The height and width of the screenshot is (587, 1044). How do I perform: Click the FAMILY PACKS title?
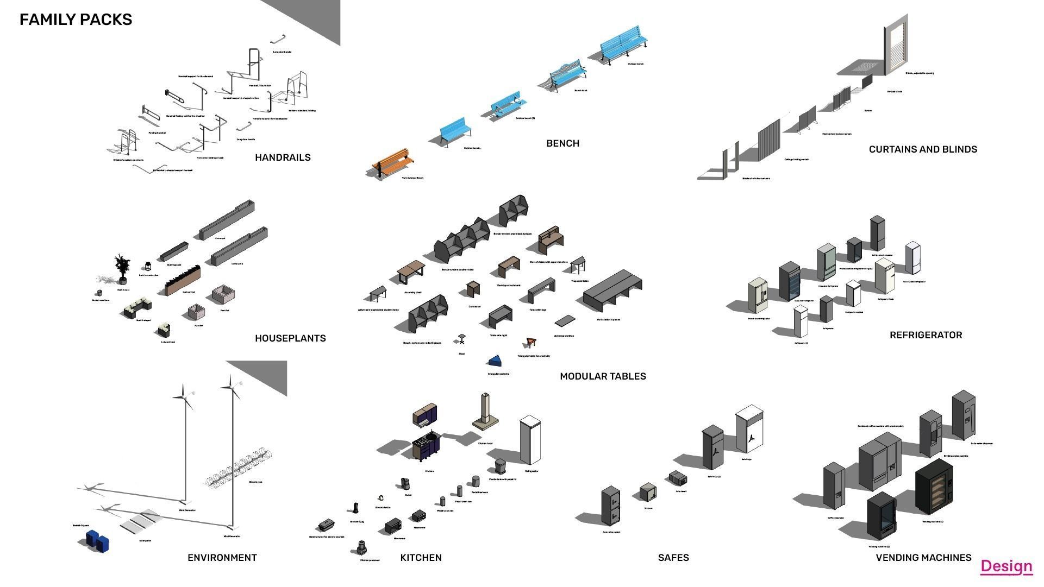76,20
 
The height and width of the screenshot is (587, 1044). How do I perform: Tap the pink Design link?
1006,566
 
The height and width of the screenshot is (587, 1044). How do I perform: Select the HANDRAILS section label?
283,157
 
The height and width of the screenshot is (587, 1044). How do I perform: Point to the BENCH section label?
562,143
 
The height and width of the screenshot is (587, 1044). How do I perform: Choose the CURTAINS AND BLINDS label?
922,149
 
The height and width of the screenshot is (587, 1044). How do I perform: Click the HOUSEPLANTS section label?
290,338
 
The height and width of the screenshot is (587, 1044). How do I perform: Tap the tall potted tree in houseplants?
122,268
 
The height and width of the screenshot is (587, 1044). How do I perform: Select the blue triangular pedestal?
496,361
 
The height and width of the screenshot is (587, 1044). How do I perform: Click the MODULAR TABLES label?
603,376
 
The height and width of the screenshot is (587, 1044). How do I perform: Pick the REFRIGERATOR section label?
926,335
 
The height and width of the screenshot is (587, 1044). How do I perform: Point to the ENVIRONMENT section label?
222,558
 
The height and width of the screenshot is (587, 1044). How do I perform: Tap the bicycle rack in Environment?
239,469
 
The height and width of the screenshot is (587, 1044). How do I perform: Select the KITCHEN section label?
421,558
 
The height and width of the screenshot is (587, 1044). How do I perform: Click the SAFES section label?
673,558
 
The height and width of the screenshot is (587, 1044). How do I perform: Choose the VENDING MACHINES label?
923,558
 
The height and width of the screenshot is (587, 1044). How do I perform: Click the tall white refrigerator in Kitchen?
530,440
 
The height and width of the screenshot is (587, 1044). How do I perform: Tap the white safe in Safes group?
750,429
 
